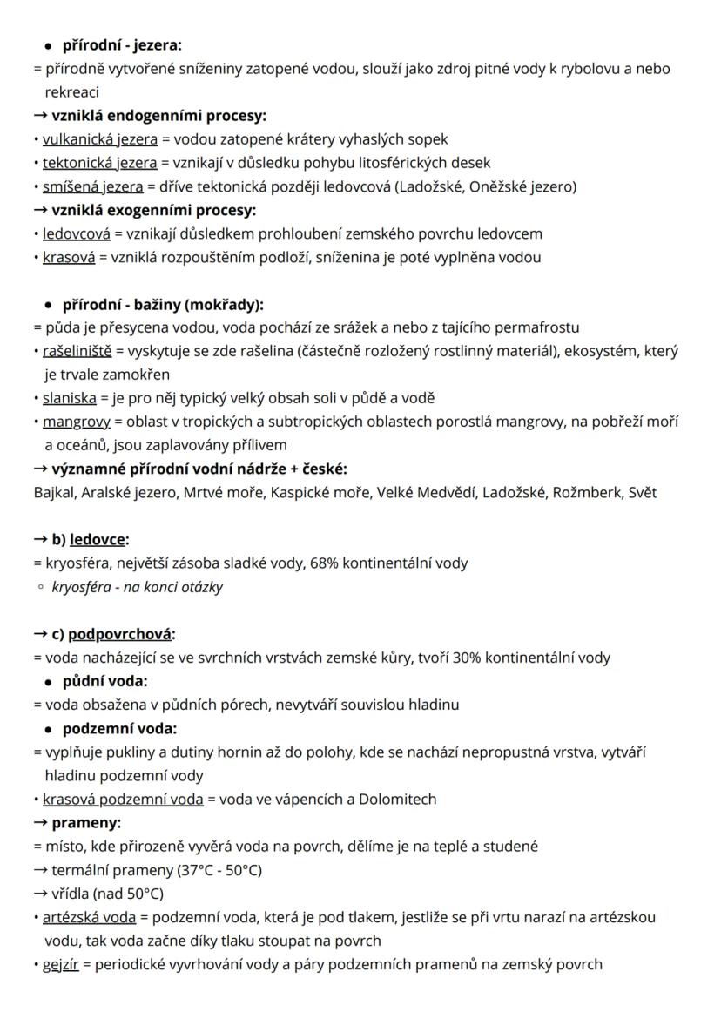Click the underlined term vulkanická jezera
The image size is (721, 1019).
(x=100, y=138)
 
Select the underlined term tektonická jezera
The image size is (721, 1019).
(x=100, y=162)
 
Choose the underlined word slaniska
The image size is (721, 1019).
(x=69, y=398)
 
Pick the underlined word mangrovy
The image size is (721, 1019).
(x=77, y=422)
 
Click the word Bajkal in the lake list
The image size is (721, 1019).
(x=54, y=492)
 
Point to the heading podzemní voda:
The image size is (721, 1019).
(x=120, y=728)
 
